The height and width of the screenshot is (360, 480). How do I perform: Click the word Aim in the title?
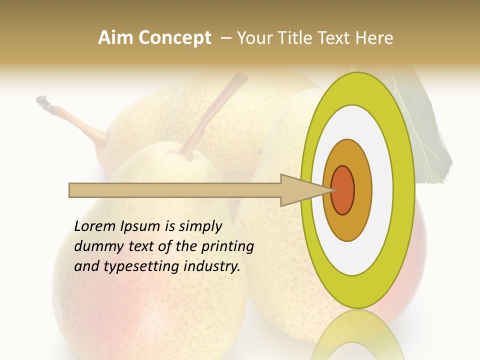click(116, 38)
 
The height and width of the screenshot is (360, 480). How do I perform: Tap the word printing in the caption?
click(227, 247)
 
